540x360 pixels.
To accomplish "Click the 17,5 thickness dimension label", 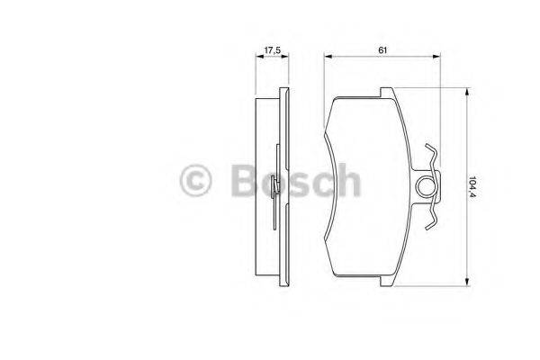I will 271,49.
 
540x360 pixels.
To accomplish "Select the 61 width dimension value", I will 382,49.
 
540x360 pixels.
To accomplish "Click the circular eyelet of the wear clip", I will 429,187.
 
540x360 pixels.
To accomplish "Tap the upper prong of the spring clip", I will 432,154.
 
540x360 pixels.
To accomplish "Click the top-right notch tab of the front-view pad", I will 386,93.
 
